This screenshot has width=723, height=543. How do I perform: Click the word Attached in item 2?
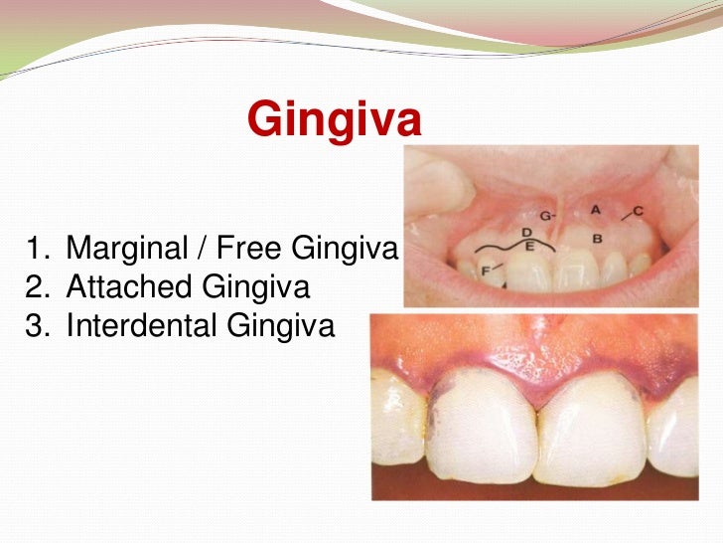(129, 287)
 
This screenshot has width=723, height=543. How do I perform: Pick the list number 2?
(37, 287)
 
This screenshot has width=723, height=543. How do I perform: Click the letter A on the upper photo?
(596, 210)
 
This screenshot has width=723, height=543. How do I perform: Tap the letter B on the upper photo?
(597, 239)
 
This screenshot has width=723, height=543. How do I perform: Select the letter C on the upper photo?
(638, 211)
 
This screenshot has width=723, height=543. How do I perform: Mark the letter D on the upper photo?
(530, 232)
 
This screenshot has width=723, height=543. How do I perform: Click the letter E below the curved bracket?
(530, 246)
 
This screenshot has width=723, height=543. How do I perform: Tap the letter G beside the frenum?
(545, 215)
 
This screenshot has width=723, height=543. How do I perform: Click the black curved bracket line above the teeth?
(506, 244)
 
